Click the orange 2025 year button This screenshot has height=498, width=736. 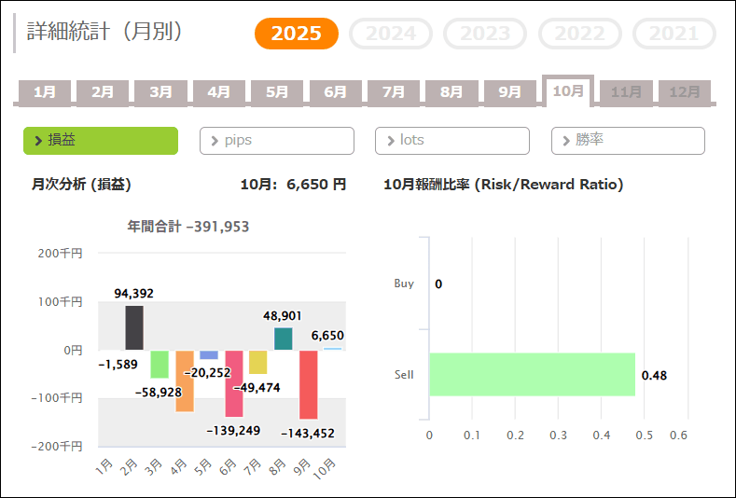pos(297,34)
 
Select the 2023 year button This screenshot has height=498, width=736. pos(485,34)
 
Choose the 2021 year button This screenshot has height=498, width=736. pos(674,34)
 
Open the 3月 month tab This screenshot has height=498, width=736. pos(160,91)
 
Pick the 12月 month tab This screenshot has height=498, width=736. pos(685,91)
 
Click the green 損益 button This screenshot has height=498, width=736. pos(101,140)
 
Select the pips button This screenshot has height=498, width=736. pos(277,140)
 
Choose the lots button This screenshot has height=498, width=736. pos(452,140)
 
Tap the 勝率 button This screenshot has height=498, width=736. pos(628,140)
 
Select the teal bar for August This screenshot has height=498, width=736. pos(284,339)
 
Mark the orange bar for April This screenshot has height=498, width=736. pos(184,380)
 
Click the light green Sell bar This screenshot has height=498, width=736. pos(532,374)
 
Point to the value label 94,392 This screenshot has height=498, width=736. pos(134,293)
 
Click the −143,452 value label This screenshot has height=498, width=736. pos(308,433)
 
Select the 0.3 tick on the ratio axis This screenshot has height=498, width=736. pos(558,435)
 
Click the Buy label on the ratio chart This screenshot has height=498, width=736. pos(404,284)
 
